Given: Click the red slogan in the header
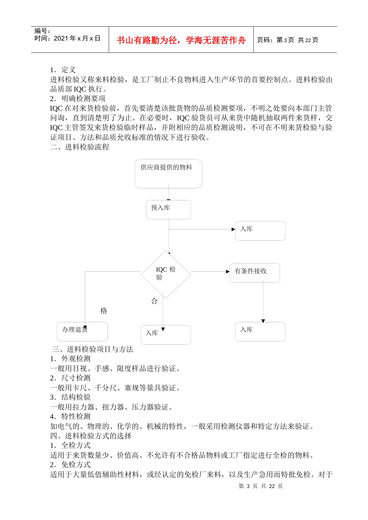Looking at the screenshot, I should click(x=181, y=40).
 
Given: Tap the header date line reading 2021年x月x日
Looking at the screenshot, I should click(x=67, y=38).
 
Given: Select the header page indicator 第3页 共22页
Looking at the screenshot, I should click(x=287, y=40).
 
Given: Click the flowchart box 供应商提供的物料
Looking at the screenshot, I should click(x=169, y=174).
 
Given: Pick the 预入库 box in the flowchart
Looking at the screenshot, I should click(x=169, y=210).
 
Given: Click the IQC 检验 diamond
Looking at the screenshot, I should click(x=166, y=274).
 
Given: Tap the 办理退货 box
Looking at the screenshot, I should click(x=82, y=332).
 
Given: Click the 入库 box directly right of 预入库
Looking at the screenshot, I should click(x=260, y=231).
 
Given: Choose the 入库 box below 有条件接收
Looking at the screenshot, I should click(x=260, y=332).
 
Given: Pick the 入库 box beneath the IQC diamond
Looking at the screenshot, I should click(x=166, y=335).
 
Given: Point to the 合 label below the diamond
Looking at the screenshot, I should click(x=154, y=301).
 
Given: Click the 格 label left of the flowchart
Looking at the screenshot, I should click(x=103, y=311).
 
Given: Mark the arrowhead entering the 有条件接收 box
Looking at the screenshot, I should click(x=228, y=272).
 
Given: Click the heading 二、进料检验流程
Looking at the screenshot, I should click(x=80, y=147).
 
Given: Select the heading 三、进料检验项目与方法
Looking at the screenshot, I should click(x=93, y=349).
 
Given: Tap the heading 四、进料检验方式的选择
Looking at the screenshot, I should click(x=91, y=436).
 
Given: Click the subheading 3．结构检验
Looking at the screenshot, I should click(x=71, y=397).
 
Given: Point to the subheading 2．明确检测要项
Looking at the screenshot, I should click(x=78, y=99).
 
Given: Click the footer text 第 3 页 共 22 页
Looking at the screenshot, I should click(x=261, y=486).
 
